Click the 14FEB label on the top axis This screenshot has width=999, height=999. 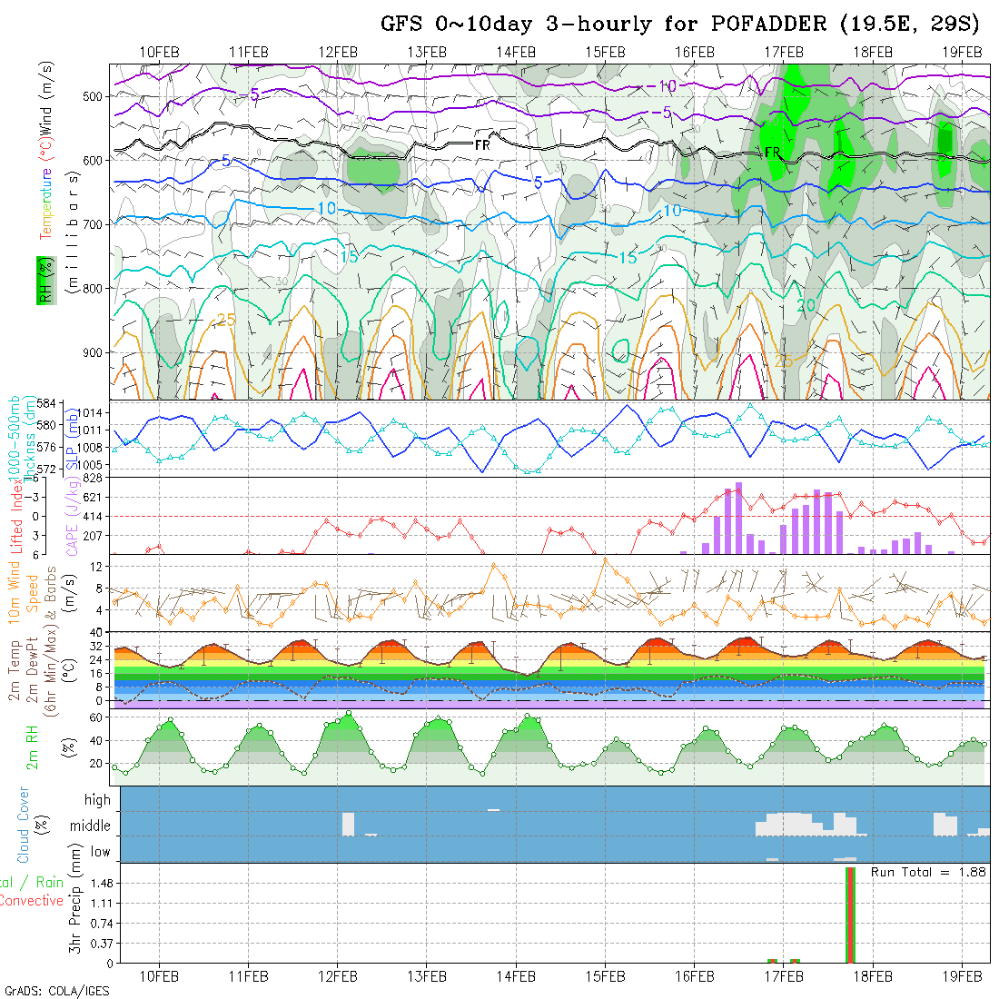pos(517,51)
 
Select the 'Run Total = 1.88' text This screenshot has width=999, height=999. pos(928,872)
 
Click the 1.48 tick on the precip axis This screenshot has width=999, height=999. pos(101,884)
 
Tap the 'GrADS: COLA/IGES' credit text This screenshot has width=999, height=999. pos(56,991)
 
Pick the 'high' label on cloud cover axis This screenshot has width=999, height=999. pos(97,800)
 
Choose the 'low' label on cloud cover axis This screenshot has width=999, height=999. pos(100,852)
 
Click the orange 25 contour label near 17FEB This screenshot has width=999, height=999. pos(784,361)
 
